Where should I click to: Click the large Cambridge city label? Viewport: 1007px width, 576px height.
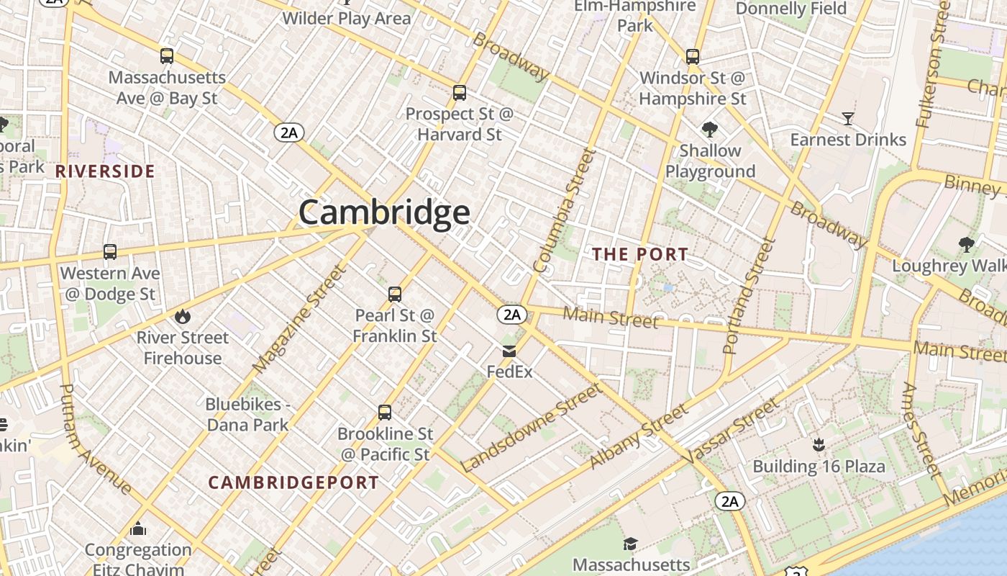384,212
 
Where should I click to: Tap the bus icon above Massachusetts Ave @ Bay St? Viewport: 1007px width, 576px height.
167,56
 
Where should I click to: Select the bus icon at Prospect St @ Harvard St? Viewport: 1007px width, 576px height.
460,93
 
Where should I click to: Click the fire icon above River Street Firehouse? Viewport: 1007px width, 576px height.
183,316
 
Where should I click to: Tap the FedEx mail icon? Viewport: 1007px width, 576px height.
509,351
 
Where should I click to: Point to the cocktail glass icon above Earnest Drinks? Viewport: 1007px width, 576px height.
848,119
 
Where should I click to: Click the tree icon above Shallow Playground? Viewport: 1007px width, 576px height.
710,130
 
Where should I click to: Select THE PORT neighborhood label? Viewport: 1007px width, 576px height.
640,254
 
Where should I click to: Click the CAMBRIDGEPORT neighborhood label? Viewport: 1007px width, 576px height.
293,482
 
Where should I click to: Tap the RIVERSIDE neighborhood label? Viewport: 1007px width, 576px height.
105,171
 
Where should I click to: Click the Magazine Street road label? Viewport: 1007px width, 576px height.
300,319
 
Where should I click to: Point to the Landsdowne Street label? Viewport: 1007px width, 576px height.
531,428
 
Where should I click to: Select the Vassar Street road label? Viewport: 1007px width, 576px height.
731,431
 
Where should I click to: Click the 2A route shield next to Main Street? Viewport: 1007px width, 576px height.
511,315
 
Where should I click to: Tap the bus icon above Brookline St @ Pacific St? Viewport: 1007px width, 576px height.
385,413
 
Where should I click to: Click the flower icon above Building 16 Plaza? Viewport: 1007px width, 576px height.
818,445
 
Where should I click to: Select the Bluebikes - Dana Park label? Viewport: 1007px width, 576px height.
247,415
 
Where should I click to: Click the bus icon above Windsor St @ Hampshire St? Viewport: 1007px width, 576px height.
693,56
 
